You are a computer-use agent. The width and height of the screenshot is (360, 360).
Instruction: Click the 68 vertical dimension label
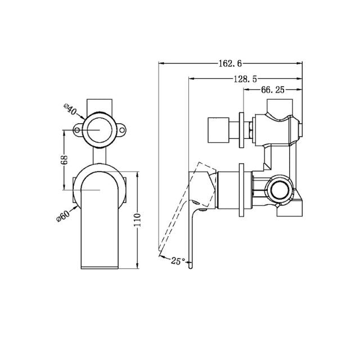coord(65,161)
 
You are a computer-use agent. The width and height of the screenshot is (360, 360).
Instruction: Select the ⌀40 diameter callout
coord(70,110)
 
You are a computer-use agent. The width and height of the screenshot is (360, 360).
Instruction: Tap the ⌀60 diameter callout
coord(64,217)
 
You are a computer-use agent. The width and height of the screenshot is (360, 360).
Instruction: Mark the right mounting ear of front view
coord(122,132)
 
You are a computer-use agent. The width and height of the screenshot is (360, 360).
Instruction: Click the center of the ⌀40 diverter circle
coord(100,130)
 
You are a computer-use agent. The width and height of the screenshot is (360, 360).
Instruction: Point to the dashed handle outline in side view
coord(179,205)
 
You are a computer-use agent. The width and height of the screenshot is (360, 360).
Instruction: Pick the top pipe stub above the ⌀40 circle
coord(100,106)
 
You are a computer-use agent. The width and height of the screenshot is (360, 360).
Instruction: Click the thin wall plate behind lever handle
coord(242,191)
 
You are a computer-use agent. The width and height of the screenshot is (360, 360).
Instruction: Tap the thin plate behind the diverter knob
coord(242,130)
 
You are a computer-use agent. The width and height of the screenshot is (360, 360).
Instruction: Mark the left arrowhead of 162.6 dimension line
coord(161,63)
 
